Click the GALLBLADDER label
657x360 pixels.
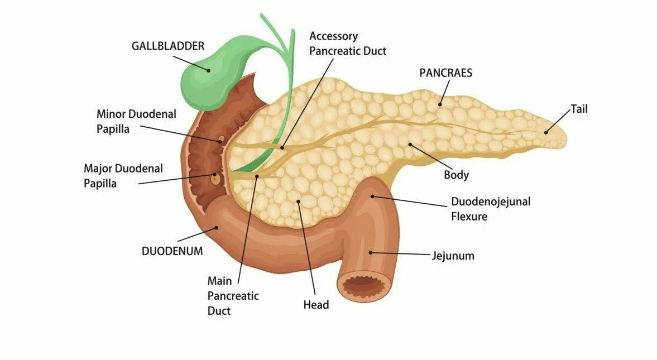(x=168, y=46)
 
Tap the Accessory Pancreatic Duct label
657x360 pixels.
(x=348, y=44)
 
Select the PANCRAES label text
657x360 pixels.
(x=445, y=73)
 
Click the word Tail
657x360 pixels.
(x=579, y=109)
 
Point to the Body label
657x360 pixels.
(x=456, y=175)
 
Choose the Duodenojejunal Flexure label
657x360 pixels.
(x=491, y=209)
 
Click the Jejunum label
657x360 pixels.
(x=453, y=256)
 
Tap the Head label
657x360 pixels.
(x=316, y=305)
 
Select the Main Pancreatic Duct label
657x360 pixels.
(x=233, y=296)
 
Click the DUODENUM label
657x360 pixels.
(x=172, y=251)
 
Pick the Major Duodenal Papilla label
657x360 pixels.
(x=123, y=175)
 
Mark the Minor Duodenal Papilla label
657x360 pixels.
(x=136, y=121)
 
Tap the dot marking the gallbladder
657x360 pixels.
(x=208, y=70)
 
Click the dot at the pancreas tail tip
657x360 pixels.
(x=546, y=132)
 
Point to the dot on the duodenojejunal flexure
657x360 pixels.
(x=373, y=196)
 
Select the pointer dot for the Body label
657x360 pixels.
(x=410, y=145)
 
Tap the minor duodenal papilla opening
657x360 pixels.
(x=220, y=139)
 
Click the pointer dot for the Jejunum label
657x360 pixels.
(x=370, y=252)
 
